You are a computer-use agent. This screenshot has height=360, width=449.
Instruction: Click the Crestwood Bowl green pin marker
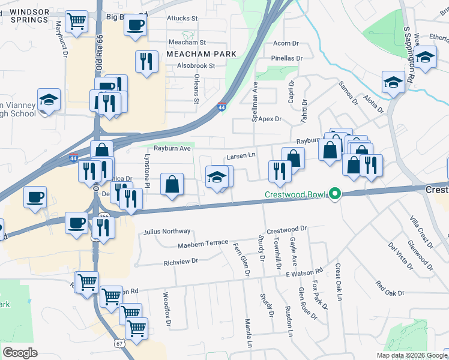click(x=336, y=194)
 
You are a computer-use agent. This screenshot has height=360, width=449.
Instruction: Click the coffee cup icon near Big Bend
click(x=135, y=26)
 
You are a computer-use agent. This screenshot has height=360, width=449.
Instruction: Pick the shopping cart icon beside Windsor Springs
click(x=76, y=22)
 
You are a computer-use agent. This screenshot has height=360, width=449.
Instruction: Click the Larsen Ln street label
click(x=242, y=157)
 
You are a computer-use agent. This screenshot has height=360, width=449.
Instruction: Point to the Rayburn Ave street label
click(x=172, y=148)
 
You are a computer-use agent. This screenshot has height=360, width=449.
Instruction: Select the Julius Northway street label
click(x=167, y=231)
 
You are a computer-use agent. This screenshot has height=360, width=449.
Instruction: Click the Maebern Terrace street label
click(x=203, y=244)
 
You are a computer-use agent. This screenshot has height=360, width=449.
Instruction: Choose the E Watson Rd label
click(x=304, y=273)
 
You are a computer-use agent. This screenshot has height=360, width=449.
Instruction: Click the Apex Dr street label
click(x=270, y=119)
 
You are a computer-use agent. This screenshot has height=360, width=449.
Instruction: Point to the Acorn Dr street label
click(x=286, y=43)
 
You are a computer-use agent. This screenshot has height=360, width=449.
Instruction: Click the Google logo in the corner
click(x=20, y=352)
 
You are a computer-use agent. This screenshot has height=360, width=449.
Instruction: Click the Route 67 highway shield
click(x=120, y=343)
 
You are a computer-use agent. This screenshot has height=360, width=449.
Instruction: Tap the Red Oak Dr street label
click(x=390, y=288)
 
